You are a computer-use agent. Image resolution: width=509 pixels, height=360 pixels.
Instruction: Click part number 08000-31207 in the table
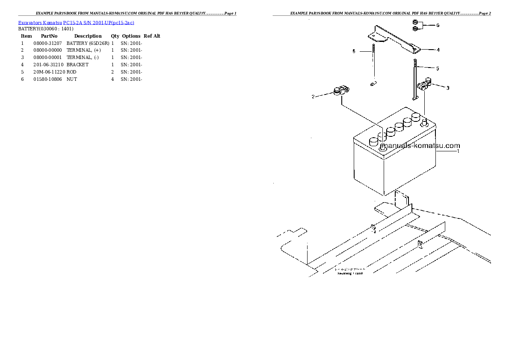click(x=47, y=43)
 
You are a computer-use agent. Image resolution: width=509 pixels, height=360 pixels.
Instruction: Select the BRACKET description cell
click(x=77, y=65)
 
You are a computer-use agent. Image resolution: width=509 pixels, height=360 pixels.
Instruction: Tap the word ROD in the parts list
click(x=71, y=72)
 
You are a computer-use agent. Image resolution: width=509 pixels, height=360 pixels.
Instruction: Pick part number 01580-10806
click(x=47, y=80)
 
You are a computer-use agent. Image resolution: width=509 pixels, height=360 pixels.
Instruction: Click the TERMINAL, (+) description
click(x=83, y=50)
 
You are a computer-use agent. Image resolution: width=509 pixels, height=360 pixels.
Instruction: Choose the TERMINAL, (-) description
click(x=83, y=57)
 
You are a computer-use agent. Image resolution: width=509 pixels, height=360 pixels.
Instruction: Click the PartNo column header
click(x=49, y=36)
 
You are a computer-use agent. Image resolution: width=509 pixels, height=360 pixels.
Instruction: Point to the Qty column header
click(x=115, y=36)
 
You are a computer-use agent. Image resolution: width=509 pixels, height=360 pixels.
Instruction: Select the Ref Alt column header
click(x=152, y=36)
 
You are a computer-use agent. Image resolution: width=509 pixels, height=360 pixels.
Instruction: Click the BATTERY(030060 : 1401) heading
click(x=46, y=29)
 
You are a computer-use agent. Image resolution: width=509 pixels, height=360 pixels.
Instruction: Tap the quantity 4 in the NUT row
click(x=112, y=80)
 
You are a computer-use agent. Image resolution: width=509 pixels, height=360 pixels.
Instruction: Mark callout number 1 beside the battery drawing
click(x=458, y=151)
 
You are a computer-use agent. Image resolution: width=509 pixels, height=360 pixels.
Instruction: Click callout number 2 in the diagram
click(x=313, y=97)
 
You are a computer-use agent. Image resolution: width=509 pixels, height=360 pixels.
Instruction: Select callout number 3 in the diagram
click(x=447, y=88)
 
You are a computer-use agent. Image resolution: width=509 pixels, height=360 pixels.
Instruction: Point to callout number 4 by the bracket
click(x=438, y=50)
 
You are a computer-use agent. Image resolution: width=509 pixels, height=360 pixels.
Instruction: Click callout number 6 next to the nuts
click(x=438, y=25)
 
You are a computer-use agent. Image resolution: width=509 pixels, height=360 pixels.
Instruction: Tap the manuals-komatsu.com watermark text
click(x=420, y=146)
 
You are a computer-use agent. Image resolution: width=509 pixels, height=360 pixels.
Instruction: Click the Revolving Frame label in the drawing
click(x=349, y=273)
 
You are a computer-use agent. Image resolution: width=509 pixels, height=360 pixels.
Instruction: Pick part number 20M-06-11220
click(x=49, y=72)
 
